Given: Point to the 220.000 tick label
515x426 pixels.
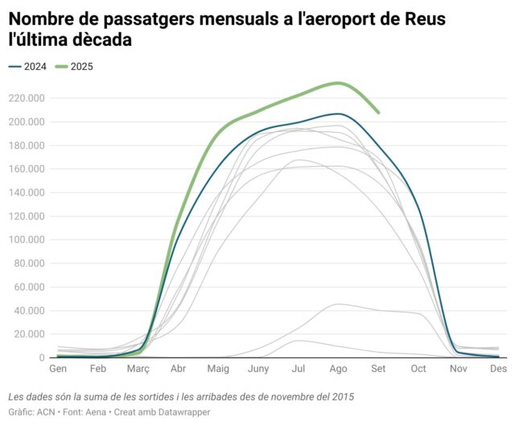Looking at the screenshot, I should click(x=27, y=99).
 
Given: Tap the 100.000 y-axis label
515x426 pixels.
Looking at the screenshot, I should click(x=27, y=240).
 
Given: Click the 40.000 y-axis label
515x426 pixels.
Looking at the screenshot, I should click(x=29, y=311).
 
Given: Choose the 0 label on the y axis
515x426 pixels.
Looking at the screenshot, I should click(x=42, y=358).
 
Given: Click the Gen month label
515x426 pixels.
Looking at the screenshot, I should click(x=58, y=369).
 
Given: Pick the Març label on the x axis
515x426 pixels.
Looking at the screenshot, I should click(x=138, y=369).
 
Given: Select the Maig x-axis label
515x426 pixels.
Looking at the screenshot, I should click(x=218, y=369).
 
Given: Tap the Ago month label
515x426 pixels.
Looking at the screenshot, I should click(x=339, y=369).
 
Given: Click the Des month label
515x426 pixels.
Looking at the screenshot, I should click(x=499, y=369).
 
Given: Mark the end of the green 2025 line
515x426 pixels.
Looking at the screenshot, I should click(x=379, y=113).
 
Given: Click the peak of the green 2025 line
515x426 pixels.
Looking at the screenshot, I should click(x=339, y=83).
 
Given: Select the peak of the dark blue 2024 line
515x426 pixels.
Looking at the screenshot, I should click(x=339, y=114).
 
